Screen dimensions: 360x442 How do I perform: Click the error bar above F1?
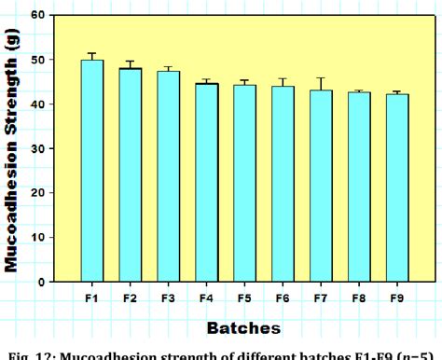tap(92, 56)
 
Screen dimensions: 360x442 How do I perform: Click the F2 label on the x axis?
tap(131, 298)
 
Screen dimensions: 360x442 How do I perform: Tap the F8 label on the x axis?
tap(359, 298)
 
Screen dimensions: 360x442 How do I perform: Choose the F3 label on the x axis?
tap(169, 298)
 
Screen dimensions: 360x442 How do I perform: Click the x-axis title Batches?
tap(243, 327)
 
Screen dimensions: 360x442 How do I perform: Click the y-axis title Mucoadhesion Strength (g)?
tap(14, 149)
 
